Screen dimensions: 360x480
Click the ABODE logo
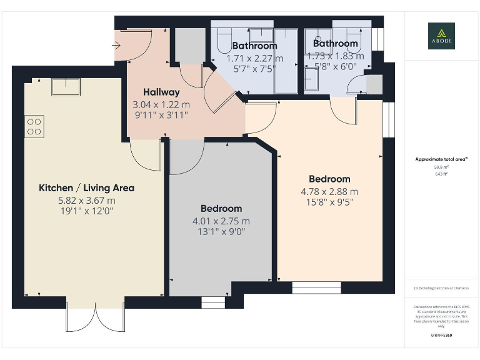[441, 36]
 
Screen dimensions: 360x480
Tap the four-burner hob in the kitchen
[34, 126]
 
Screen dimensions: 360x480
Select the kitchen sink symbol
[66, 86]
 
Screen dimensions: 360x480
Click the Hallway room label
[161, 92]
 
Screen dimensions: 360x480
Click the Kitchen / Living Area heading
[86, 187]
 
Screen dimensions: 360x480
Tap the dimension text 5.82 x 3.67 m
[86, 201]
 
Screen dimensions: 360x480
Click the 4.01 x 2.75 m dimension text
[221, 221]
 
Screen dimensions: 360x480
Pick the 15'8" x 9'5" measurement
[329, 202]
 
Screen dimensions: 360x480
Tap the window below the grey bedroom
[213, 302]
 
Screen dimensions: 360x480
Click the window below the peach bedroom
[316, 288]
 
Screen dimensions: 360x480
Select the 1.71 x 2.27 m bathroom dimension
[254, 58]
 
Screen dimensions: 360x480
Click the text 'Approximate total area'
[441, 159]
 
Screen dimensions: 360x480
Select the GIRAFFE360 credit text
[441, 336]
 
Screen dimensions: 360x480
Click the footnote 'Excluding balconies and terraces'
[441, 288]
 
